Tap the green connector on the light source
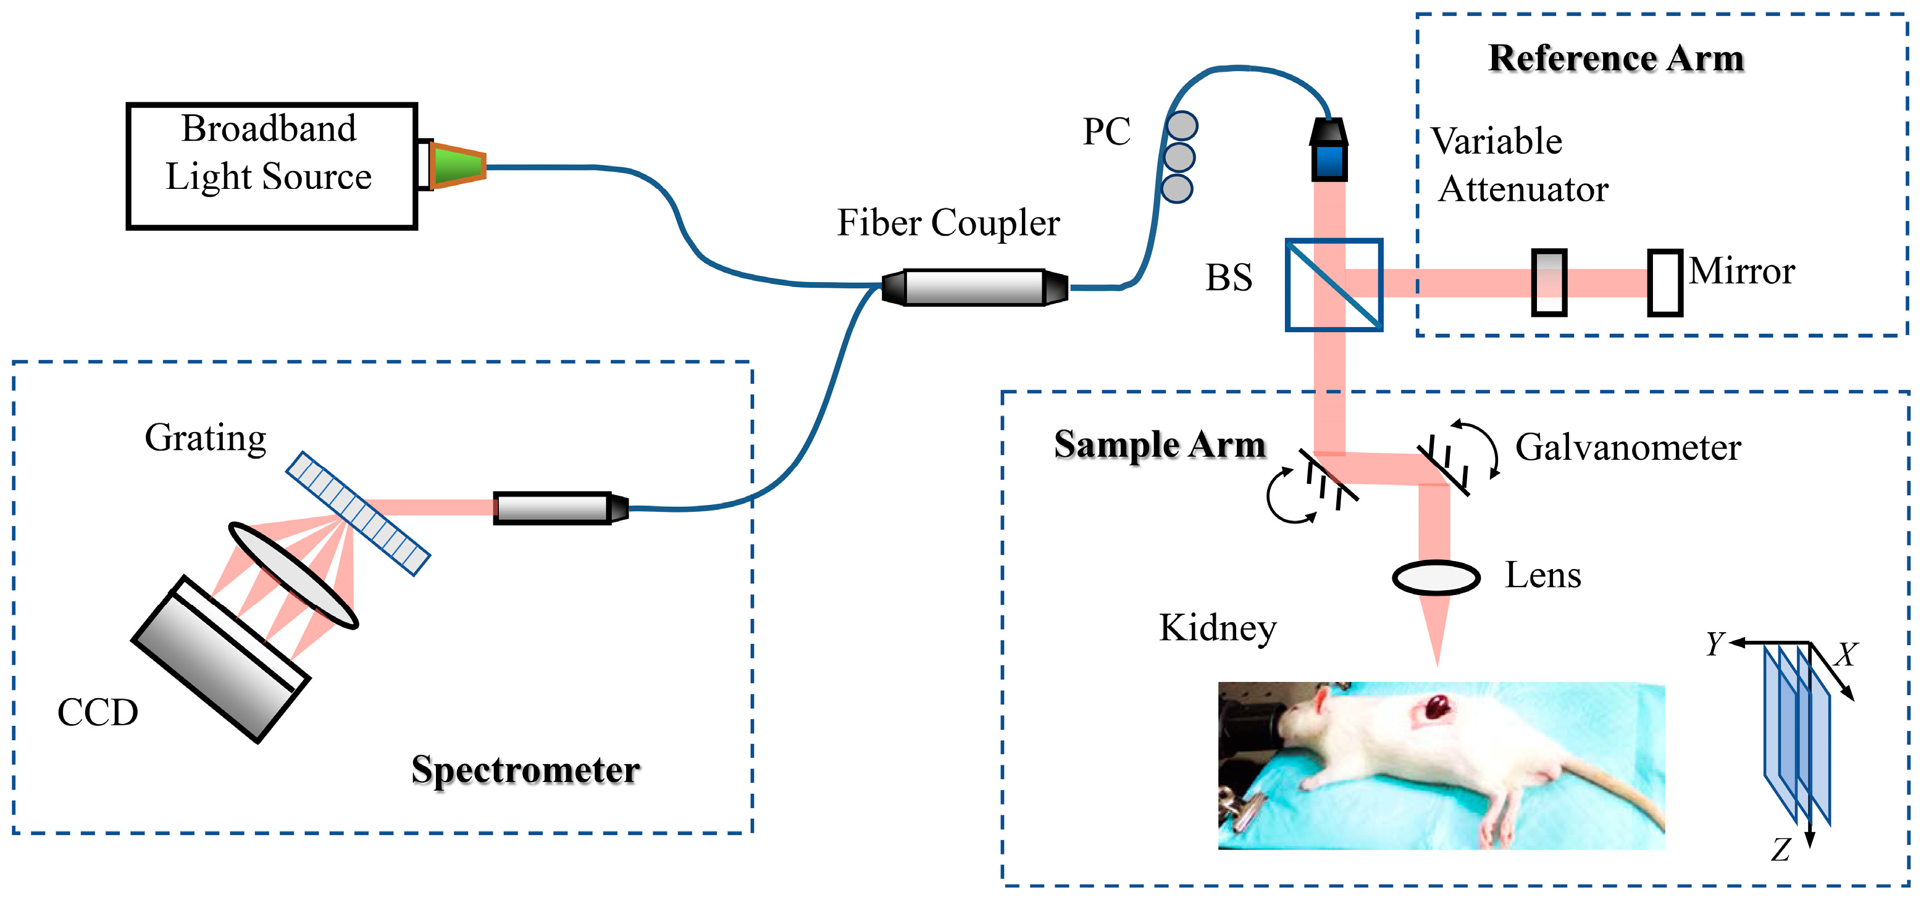point(457,165)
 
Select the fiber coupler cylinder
point(974,288)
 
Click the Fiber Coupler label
point(948,223)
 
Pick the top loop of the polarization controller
point(1182,126)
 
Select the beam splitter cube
point(1333,285)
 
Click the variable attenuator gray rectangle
point(1548,283)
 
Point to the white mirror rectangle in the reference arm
point(1665,283)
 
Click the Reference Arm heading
point(1615,58)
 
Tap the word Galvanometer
point(1628,448)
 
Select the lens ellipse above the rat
point(1436,578)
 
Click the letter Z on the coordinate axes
point(1781,850)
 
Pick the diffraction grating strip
point(358,513)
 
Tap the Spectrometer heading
point(525,770)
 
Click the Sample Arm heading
point(1160,444)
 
